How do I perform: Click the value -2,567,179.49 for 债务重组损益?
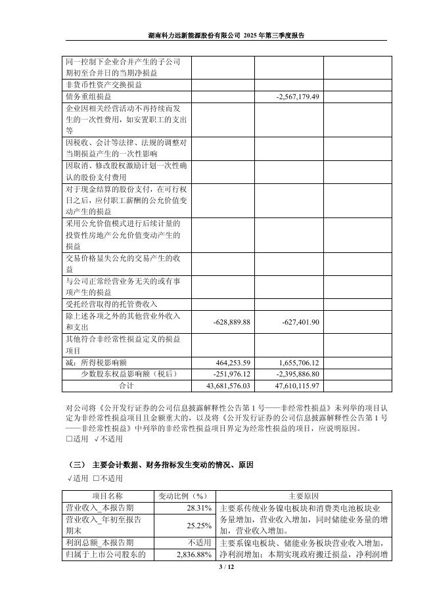tap(298, 97)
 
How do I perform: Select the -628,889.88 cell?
tap(233, 322)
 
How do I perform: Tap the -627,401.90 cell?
tap(300, 322)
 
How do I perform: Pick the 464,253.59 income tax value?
tap(233, 363)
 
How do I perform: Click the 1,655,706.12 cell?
tap(299, 363)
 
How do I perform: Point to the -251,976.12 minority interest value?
tap(233, 374)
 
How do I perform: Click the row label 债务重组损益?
tap(89, 97)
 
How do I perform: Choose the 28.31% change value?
tap(198, 508)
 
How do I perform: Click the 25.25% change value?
tap(198, 525)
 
